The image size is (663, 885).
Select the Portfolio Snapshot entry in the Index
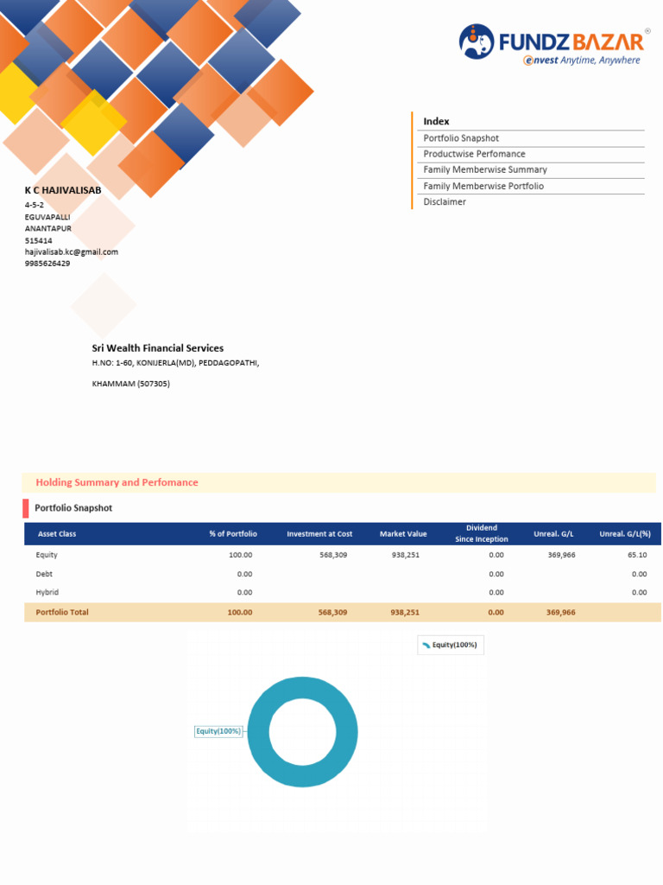coord(461,138)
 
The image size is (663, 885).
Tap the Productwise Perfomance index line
coord(474,154)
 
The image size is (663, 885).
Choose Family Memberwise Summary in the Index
coord(485,170)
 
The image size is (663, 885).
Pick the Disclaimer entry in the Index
coord(445,202)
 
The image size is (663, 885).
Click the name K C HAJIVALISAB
coord(63,189)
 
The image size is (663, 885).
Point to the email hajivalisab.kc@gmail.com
coord(72,252)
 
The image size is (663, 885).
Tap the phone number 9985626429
coord(47,264)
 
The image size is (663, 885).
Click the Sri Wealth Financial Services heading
coord(158,348)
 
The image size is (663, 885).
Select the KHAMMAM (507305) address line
coord(131,384)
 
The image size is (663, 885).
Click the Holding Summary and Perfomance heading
coord(117,483)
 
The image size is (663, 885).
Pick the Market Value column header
coord(403,534)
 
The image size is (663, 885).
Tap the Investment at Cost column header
coord(319,534)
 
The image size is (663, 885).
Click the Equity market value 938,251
coord(405,555)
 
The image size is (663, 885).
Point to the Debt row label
coord(44,574)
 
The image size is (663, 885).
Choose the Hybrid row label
coord(47,593)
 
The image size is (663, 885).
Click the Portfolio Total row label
coord(62,613)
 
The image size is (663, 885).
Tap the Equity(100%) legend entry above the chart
coord(450,646)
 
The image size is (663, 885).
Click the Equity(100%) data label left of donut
coord(218,732)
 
